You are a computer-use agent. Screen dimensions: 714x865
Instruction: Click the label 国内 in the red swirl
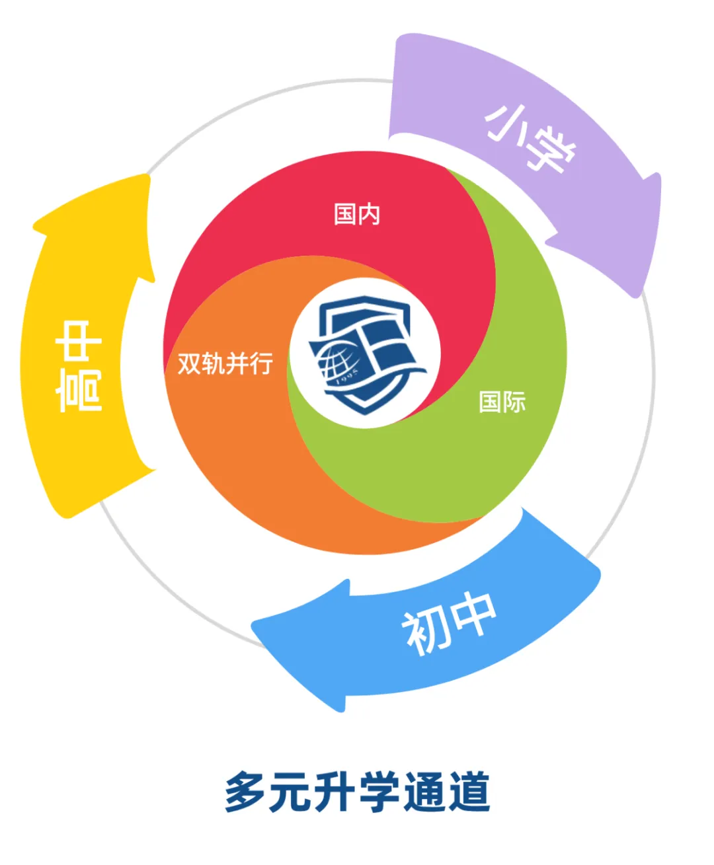coord(357,214)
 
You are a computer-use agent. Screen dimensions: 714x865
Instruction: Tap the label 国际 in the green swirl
coord(502,402)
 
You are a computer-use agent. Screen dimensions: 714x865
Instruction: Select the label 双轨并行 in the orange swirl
coord(225,363)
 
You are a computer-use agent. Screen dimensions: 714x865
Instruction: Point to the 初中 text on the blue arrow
coord(449,624)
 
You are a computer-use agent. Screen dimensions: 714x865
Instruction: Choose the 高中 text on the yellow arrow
coord(79,366)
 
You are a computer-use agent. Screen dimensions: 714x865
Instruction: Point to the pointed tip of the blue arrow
coord(255,624)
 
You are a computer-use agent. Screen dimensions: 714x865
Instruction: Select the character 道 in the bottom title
coord(467,791)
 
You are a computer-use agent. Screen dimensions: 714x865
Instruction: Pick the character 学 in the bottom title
coord(379,791)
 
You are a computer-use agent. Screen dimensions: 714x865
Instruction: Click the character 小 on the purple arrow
coord(506,122)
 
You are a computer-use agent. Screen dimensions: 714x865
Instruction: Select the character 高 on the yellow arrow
coord(79,390)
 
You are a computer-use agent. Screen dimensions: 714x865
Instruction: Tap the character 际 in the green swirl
coord(514,402)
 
